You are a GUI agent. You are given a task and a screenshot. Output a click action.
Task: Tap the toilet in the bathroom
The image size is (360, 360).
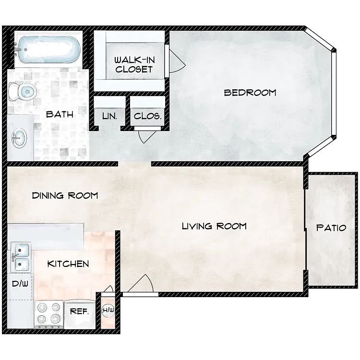coord(23,92)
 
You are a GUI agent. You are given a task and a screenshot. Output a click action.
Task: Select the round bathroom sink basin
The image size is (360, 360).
coord(19,138)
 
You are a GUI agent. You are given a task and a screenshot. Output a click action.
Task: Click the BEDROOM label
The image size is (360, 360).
coord(250,93)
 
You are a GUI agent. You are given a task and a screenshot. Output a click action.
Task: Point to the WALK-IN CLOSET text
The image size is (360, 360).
coord(134,64)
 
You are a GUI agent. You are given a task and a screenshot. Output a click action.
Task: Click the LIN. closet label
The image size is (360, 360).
coord(110,116)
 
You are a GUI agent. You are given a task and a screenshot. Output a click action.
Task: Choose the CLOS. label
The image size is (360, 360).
coord(147,116)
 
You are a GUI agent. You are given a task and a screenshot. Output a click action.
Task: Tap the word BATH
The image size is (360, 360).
coord(60,114)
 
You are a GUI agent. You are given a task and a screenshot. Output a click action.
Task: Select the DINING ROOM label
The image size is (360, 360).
coord(65,196)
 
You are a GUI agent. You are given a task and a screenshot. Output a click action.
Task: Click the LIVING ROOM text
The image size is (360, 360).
coord(214,226)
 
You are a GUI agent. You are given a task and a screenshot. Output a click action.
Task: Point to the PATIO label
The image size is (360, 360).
coord(331,228)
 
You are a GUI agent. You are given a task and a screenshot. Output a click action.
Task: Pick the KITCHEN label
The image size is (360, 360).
coord(68,264)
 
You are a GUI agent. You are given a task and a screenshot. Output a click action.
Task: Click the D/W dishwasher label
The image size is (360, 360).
coord(20,284)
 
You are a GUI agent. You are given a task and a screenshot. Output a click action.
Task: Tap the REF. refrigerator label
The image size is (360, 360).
coord(79,312)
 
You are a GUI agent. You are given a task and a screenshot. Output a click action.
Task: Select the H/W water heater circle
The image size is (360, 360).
coord(108,310)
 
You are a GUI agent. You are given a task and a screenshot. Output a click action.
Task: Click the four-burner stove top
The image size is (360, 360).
coord(48,314)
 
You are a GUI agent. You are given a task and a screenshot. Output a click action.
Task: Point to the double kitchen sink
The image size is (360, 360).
coord(21,258)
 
